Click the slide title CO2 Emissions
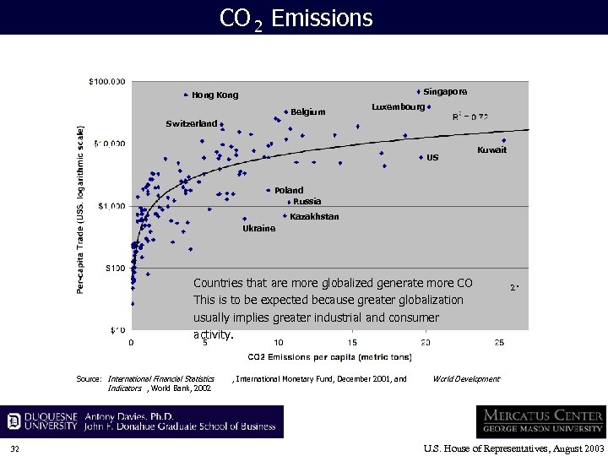pos(296,18)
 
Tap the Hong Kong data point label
pos(214,95)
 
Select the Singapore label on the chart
pos(445,91)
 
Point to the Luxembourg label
pos(398,107)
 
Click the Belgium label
pos(307,111)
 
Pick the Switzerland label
pos(191,123)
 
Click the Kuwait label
pos(491,150)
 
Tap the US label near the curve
pos(432,158)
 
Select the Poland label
pos(288,191)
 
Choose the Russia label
pos(307,202)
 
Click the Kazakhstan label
pos(314,217)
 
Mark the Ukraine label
pos(258,229)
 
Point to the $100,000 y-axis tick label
pos(107,82)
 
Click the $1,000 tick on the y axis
pos(111,206)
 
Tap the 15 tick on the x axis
pos(352,342)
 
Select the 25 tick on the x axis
pos(500,342)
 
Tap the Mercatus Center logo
pos(540,421)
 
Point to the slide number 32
pos(15,448)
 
